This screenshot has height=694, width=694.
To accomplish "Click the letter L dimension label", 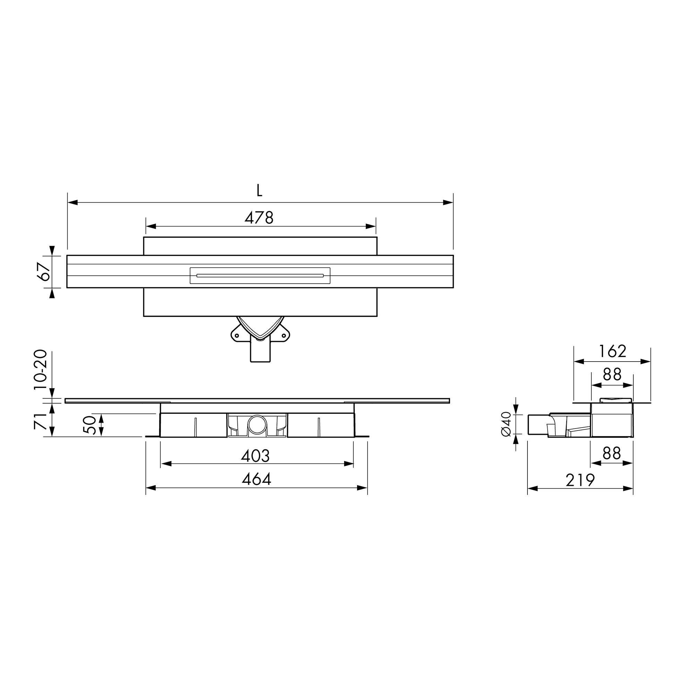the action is pyautogui.click(x=259, y=191).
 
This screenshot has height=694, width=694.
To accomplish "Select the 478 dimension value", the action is pyautogui.click(x=259, y=217).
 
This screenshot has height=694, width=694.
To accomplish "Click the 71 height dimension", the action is pyautogui.click(x=40, y=421).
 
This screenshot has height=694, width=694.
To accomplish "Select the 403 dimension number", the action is pyautogui.click(x=255, y=456).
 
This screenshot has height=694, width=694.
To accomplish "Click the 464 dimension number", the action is pyautogui.click(x=256, y=479).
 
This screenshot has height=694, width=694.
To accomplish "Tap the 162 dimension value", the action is pyautogui.click(x=612, y=351).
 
